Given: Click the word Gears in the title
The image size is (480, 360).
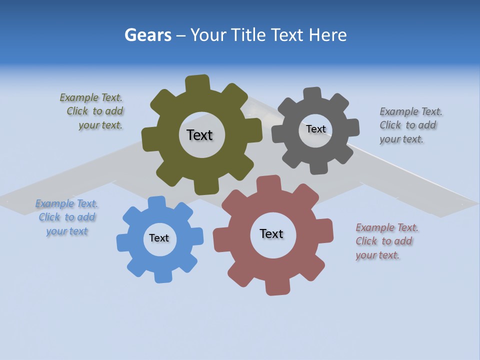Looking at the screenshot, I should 147,35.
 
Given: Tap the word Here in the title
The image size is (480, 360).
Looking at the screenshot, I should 327,35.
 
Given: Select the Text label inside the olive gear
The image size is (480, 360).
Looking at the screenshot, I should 199,135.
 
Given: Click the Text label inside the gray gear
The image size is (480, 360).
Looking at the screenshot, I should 315,129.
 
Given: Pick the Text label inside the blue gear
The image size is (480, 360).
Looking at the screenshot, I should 159,238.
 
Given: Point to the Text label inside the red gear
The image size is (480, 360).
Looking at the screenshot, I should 271,233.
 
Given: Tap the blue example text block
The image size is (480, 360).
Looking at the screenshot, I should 67,217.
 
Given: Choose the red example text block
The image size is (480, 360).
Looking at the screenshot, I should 386,241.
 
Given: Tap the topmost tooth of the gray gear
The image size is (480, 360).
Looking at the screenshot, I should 313,93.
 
